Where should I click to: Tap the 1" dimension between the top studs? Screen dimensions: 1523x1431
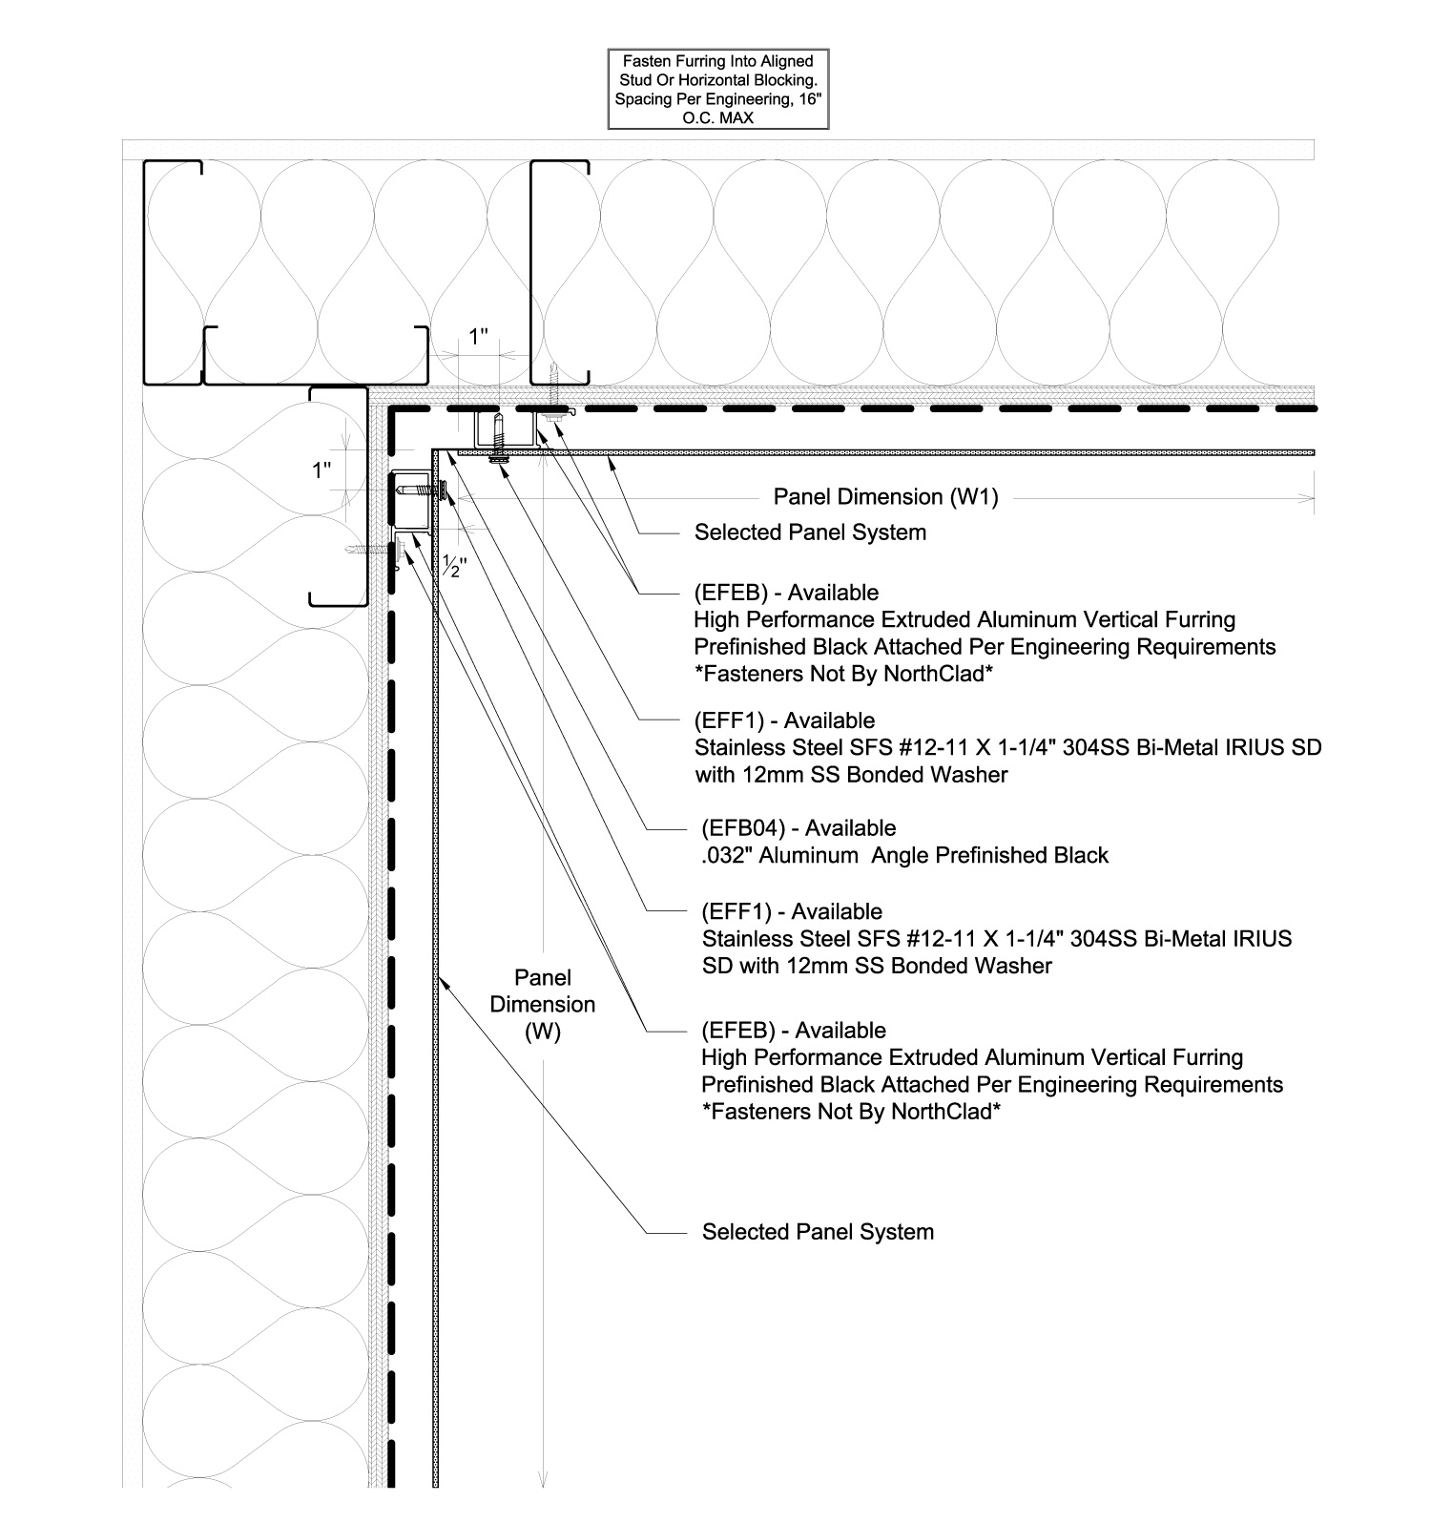[479, 336]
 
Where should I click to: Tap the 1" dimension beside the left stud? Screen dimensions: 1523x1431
[322, 469]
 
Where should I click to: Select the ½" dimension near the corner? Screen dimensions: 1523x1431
[455, 565]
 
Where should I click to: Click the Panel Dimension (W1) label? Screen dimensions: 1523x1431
[885, 497]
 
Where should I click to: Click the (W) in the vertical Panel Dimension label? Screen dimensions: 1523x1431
[542, 1032]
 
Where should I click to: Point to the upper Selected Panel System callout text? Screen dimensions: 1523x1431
[810, 532]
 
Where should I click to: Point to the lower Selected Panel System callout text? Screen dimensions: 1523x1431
[818, 1232]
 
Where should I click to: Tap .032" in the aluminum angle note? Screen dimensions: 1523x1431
[727, 855]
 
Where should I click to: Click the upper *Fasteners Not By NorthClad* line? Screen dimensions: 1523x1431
[843, 674]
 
